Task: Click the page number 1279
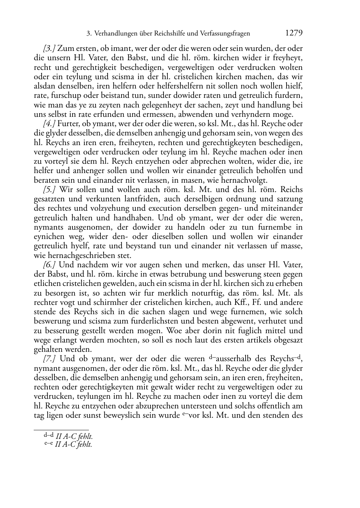coord(294,33)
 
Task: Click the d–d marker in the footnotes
coord(49,435)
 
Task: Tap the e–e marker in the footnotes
coord(49,444)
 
